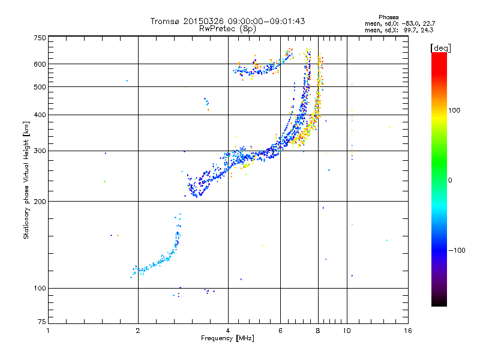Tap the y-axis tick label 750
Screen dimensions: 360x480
pyautogui.click(x=40, y=37)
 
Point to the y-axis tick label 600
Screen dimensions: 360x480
pyautogui.click(x=40, y=64)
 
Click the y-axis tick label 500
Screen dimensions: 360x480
pyautogui.click(x=40, y=87)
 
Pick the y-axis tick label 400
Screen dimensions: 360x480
pyautogui.click(x=40, y=115)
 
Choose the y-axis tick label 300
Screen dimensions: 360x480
pyautogui.click(x=40, y=151)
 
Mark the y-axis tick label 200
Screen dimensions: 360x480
pyautogui.click(x=40, y=201)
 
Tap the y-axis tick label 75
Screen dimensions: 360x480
pyautogui.click(x=42, y=324)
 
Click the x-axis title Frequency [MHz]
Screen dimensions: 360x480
pyautogui.click(x=227, y=339)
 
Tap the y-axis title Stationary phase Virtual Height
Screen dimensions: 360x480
pyautogui.click(x=26, y=180)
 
